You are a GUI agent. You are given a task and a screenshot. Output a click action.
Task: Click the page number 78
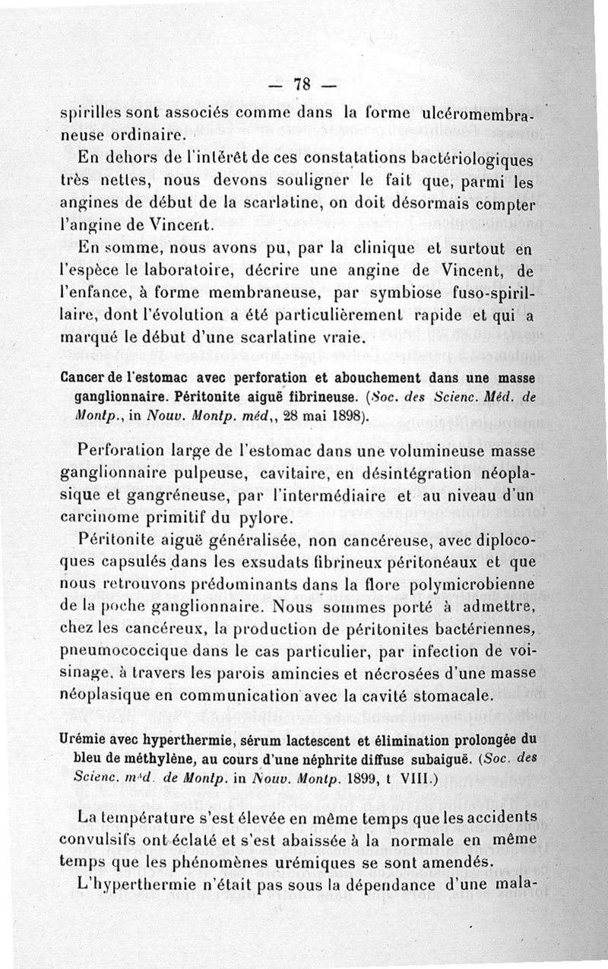(302, 85)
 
